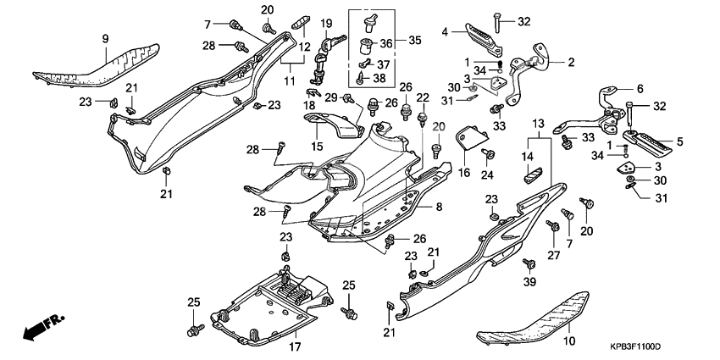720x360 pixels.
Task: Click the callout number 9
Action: point(106,39)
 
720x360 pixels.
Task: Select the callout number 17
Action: point(295,346)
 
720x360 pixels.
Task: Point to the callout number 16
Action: point(463,172)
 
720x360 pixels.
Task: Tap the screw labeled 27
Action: point(553,226)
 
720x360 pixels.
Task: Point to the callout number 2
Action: point(571,62)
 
